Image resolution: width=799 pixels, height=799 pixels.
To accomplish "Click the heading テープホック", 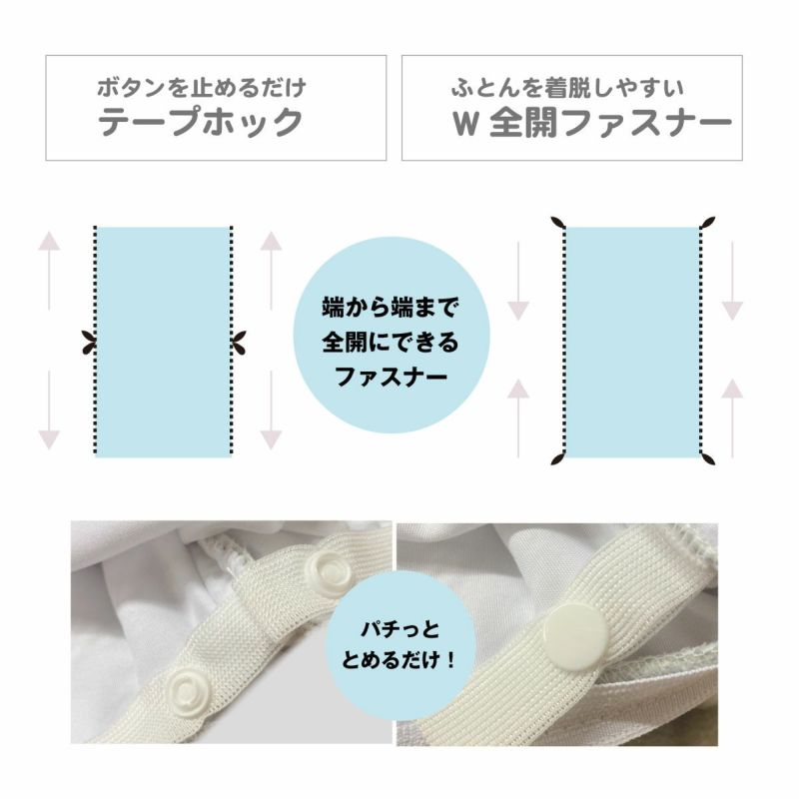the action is [201, 122].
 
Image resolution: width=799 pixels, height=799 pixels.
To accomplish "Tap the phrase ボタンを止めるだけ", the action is [202, 88].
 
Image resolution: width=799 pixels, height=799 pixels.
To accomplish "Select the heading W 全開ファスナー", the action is [591, 123].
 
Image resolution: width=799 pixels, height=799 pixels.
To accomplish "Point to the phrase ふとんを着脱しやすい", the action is [567, 88].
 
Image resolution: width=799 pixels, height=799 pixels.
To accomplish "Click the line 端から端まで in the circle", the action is [391, 308].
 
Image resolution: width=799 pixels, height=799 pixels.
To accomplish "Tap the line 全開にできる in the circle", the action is [391, 343].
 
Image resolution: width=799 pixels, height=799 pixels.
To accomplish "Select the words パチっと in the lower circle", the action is [400, 629].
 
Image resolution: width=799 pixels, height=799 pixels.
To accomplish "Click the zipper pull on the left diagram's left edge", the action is [90, 342].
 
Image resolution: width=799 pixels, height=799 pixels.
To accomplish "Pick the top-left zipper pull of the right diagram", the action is [559, 223].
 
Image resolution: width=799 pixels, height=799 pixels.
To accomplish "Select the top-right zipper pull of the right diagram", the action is [708, 223].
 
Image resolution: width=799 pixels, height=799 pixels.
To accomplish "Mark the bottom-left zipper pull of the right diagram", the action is [559, 458].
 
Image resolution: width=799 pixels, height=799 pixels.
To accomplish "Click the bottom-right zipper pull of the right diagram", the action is [708, 458].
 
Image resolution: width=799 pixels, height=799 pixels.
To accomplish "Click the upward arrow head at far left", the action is [49, 241].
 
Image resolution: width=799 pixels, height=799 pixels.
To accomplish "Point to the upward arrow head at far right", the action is [732, 389].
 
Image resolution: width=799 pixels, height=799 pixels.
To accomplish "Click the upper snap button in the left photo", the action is [324, 568].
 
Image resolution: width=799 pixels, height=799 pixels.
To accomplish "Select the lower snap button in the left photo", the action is [183, 690].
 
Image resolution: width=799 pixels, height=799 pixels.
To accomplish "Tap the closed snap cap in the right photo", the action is [575, 634].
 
